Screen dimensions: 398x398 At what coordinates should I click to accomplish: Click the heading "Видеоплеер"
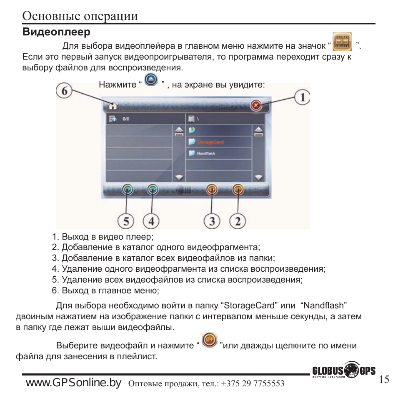[56, 32]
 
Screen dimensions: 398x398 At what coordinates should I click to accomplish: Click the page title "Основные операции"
[80, 16]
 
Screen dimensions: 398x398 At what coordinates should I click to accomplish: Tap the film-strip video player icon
[342, 42]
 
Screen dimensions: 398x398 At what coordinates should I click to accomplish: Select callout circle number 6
[64, 92]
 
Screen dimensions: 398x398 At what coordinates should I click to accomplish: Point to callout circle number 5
[125, 220]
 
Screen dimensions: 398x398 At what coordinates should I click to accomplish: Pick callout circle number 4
[151, 220]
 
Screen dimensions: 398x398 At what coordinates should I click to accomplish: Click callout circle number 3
[212, 220]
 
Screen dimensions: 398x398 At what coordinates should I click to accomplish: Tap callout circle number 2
[238, 220]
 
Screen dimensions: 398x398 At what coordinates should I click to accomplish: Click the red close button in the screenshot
[256, 106]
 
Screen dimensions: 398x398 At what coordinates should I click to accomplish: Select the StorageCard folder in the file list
[210, 142]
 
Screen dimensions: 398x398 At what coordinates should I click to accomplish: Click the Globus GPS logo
[343, 371]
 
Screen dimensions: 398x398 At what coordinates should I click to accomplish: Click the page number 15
[384, 379]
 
